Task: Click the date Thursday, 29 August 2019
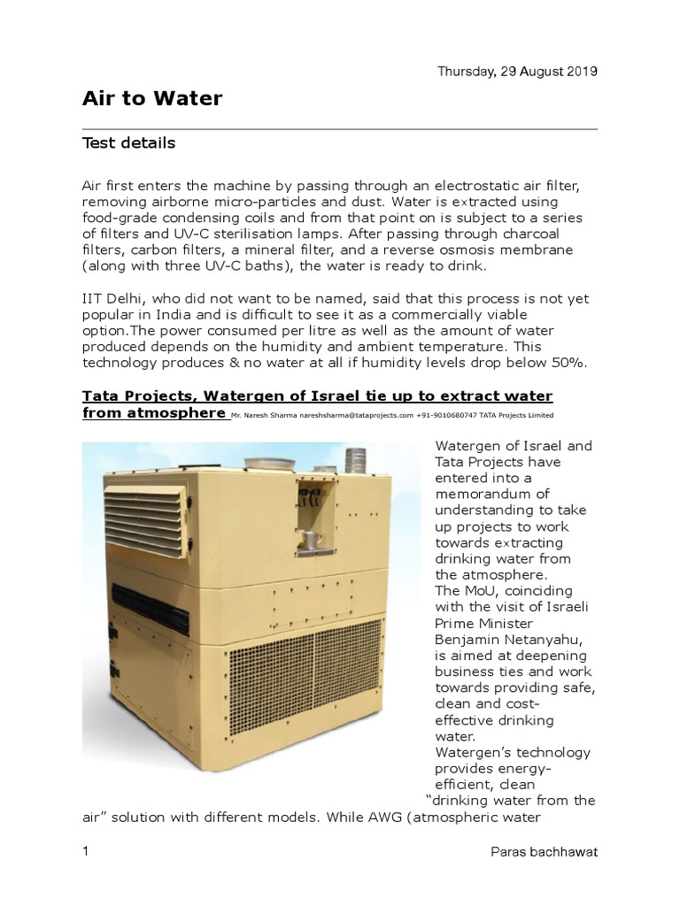518,72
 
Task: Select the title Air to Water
151,99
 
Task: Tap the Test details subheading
128,142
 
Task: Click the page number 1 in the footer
86,852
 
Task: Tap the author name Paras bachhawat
544,852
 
